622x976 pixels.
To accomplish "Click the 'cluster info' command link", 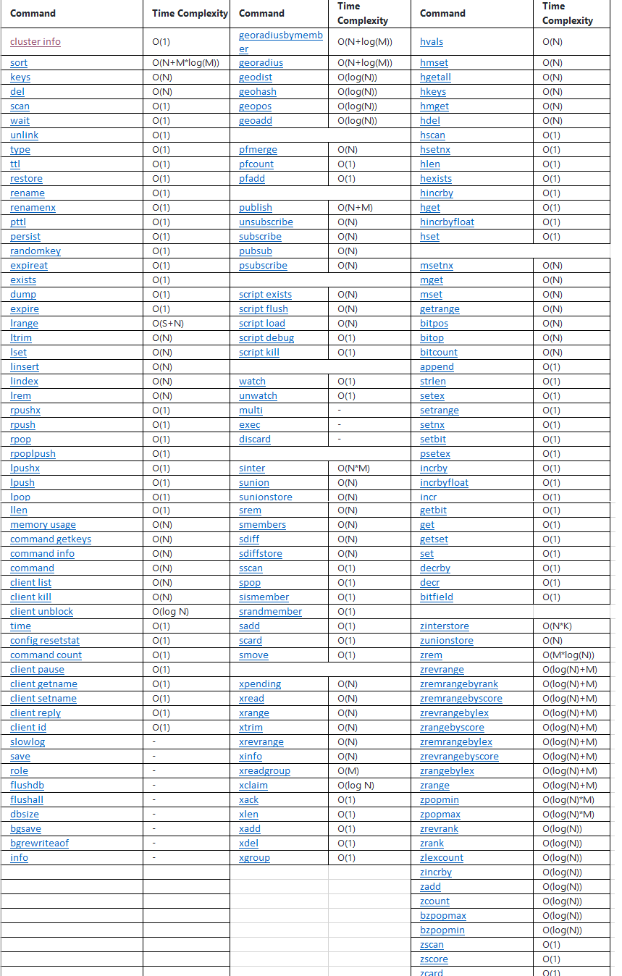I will (x=35, y=41).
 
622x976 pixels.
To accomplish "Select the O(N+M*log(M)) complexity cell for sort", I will (x=185, y=63).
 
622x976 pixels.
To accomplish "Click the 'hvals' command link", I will (x=432, y=41).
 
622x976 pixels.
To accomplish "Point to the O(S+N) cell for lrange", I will (x=167, y=324).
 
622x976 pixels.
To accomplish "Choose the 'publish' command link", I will (x=256, y=208).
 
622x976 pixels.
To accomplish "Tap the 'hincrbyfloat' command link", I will (x=447, y=222).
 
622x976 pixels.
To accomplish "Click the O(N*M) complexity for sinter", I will (x=353, y=468).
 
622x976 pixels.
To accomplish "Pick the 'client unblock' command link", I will (x=41, y=612).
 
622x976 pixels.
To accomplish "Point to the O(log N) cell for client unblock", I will (x=170, y=612).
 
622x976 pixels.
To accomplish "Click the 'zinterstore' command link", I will (x=445, y=626).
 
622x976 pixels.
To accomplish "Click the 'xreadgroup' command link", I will (x=264, y=771).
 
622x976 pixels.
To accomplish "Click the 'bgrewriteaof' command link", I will (x=39, y=844).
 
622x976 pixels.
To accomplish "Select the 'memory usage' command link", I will (x=43, y=525).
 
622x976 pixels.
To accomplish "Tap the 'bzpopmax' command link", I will (x=443, y=916).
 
